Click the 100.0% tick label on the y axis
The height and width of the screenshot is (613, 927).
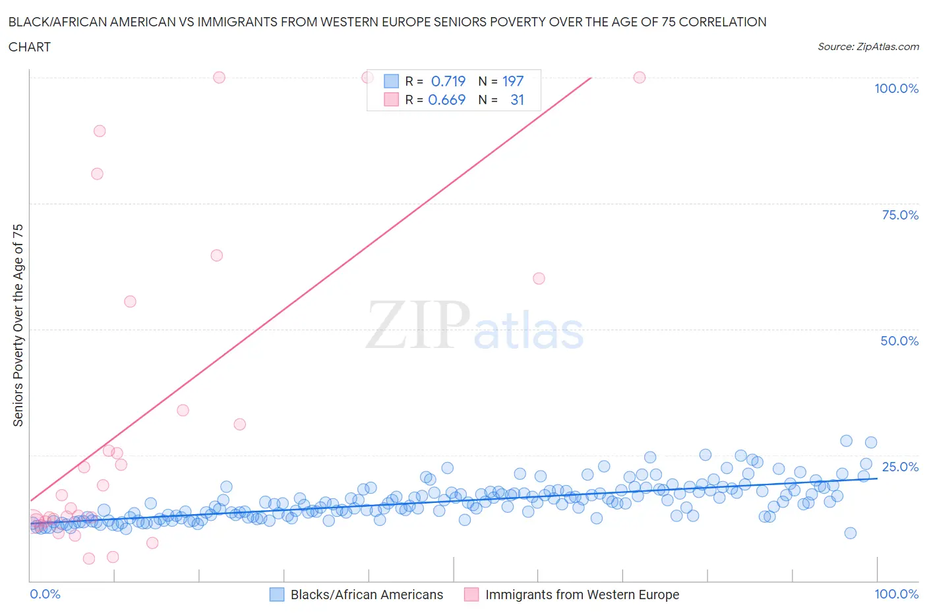click(896, 88)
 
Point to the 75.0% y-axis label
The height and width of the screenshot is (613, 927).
click(900, 215)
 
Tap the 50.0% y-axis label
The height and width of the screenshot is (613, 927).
click(899, 341)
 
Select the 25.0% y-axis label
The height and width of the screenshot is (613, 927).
click(900, 467)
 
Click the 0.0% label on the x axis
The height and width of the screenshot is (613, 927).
click(45, 594)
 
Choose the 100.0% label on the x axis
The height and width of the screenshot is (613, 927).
click(896, 594)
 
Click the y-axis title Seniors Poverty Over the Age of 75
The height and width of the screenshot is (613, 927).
click(18, 325)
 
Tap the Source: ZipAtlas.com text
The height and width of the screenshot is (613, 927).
click(868, 46)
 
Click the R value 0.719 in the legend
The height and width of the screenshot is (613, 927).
click(448, 81)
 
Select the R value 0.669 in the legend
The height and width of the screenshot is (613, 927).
click(446, 100)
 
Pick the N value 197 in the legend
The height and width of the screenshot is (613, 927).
click(513, 81)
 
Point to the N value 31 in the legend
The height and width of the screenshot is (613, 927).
click(517, 100)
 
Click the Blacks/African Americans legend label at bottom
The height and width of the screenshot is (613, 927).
click(367, 595)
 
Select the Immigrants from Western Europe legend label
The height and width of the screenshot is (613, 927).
click(582, 595)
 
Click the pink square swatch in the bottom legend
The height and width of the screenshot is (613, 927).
click(471, 595)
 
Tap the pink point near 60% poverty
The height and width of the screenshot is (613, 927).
click(539, 278)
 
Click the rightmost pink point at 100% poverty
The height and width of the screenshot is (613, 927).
click(639, 77)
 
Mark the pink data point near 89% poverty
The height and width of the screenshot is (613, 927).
click(100, 131)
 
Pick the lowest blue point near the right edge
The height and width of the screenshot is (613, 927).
click(850, 533)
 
